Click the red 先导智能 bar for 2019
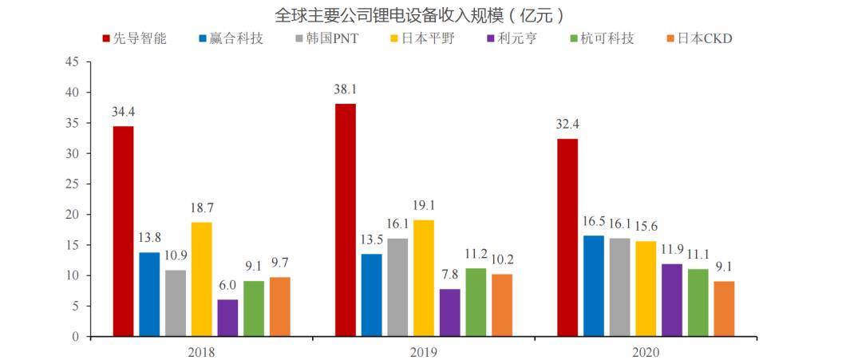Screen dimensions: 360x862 point(346,220)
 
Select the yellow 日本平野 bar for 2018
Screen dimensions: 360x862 point(202,279)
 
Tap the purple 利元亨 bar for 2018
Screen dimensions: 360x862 point(227,318)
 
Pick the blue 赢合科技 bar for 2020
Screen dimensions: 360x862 point(593,286)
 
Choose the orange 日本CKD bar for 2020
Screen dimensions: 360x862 point(724,308)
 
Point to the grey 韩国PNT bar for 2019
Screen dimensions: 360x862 point(397,287)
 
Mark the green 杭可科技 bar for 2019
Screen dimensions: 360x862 point(476,302)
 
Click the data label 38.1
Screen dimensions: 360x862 point(346,89)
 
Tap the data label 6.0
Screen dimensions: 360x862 point(227,285)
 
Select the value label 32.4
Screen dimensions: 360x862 point(567,125)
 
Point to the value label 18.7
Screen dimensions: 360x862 point(202,208)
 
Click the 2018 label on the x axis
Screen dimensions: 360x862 point(201,351)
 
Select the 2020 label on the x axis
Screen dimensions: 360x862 point(645,351)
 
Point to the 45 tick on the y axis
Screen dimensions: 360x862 point(73,62)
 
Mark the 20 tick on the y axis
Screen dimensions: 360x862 point(73,215)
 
